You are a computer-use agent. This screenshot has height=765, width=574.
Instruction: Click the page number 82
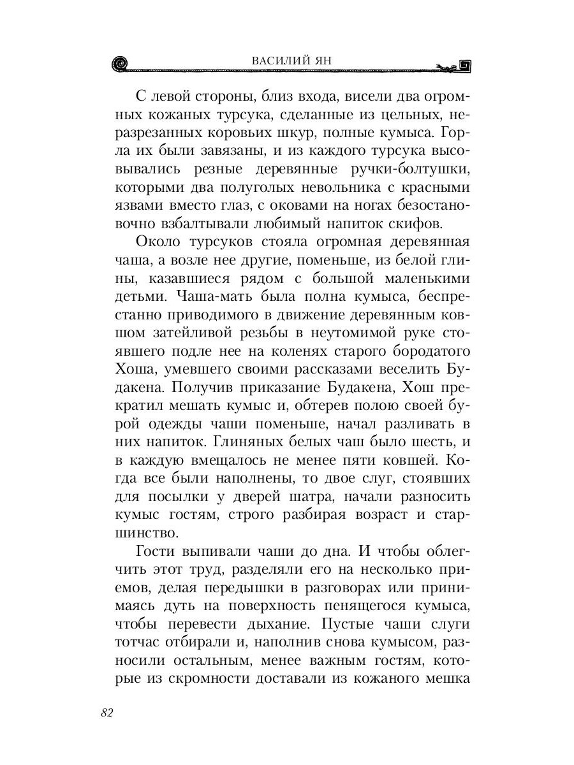107,712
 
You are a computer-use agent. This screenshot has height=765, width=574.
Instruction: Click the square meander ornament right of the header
464,64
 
